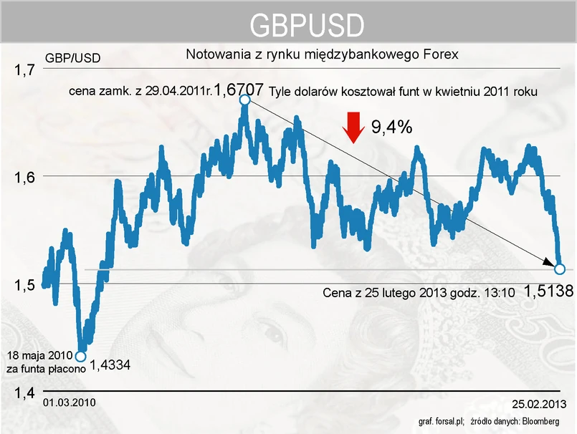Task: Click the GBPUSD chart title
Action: pos(306,26)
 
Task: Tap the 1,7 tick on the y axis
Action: pos(25,70)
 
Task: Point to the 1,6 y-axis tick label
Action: pos(25,178)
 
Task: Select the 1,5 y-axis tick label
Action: pos(25,286)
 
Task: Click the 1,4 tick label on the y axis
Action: pos(25,392)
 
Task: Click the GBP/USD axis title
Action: pos(72,57)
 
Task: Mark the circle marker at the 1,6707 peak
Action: pos(244,100)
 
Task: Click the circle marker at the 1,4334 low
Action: pos(80,356)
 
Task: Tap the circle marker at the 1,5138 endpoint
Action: pos(560,269)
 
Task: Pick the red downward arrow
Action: pos(353,127)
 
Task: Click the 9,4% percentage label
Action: pos(391,127)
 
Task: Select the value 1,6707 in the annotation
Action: pos(239,90)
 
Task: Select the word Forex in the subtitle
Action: pos(441,54)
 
